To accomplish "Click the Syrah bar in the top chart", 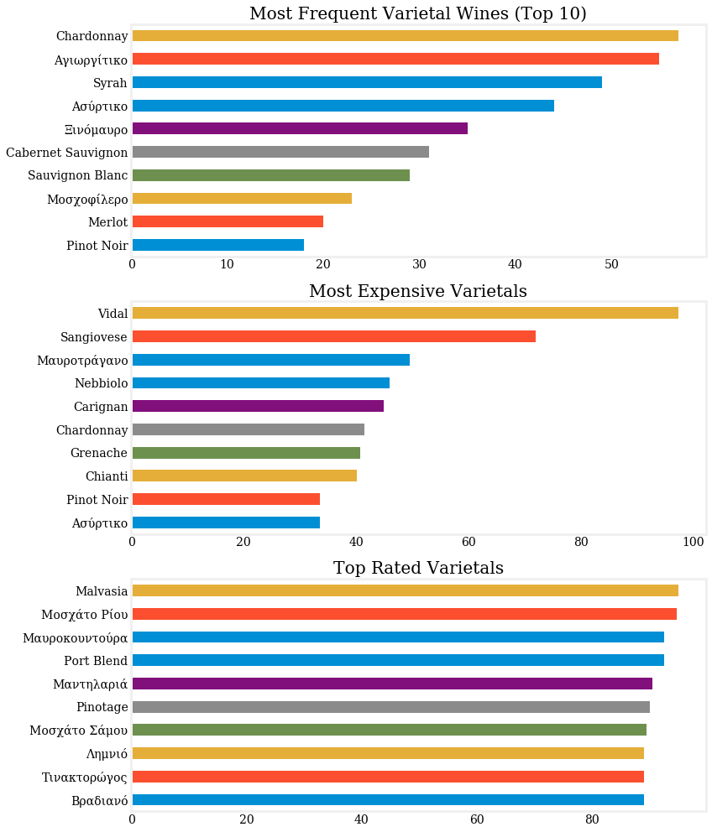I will (x=367, y=82).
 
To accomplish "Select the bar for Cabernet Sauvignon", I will (x=280, y=152).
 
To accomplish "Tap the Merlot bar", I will (x=228, y=221).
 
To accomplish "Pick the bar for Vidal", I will (x=405, y=313).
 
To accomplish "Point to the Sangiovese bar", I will (x=333, y=336).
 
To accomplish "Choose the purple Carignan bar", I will (x=258, y=406).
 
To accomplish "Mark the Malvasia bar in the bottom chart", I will (x=405, y=590).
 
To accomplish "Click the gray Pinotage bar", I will (x=390, y=707).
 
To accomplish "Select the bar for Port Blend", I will (x=398, y=660).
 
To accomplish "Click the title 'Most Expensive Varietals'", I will (x=418, y=291).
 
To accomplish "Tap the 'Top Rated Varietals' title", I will (x=418, y=568).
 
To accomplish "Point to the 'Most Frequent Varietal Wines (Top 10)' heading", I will (x=418, y=13).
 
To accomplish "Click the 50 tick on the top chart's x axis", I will (x=611, y=264).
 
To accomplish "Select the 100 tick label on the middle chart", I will (x=694, y=542).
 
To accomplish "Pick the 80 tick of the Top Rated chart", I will (x=592, y=819).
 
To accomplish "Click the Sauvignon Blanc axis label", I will (x=77, y=175).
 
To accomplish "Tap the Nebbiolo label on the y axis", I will (x=101, y=383).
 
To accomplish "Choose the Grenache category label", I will (x=99, y=453).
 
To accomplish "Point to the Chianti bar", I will (x=244, y=476).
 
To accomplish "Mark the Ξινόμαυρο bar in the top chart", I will (x=300, y=128).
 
